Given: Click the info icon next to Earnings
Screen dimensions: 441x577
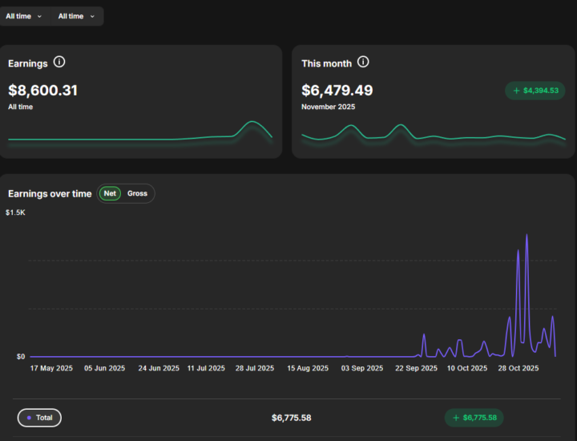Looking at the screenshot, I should click(59, 63).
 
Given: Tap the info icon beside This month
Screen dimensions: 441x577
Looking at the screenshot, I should click(363, 63).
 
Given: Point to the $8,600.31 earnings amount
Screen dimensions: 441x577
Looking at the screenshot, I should click(42, 91).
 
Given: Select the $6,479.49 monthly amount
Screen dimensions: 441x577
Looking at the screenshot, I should click(337, 91).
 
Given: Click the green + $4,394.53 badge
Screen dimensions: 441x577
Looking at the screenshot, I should click(535, 91).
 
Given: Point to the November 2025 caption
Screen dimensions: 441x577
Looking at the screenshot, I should click(328, 107).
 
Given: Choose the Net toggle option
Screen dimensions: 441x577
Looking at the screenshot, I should click(110, 193).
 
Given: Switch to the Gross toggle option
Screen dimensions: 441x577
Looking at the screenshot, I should click(137, 193).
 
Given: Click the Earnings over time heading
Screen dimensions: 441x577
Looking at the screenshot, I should click(50, 193).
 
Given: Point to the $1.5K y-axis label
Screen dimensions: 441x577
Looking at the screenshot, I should click(15, 212).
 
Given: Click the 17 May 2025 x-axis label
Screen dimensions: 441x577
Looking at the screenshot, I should click(51, 369).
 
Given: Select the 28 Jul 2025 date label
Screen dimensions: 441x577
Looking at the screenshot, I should click(256, 369).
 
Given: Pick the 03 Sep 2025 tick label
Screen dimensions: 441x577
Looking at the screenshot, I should click(361, 369).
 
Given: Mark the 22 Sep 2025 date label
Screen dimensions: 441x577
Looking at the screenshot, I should click(418, 369).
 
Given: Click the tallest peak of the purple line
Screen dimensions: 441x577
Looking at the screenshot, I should click(527, 235).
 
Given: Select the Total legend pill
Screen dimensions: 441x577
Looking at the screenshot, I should click(39, 418).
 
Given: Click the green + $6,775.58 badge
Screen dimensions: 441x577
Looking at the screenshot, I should click(474, 418).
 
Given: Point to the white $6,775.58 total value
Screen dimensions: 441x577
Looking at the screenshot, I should click(291, 418).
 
